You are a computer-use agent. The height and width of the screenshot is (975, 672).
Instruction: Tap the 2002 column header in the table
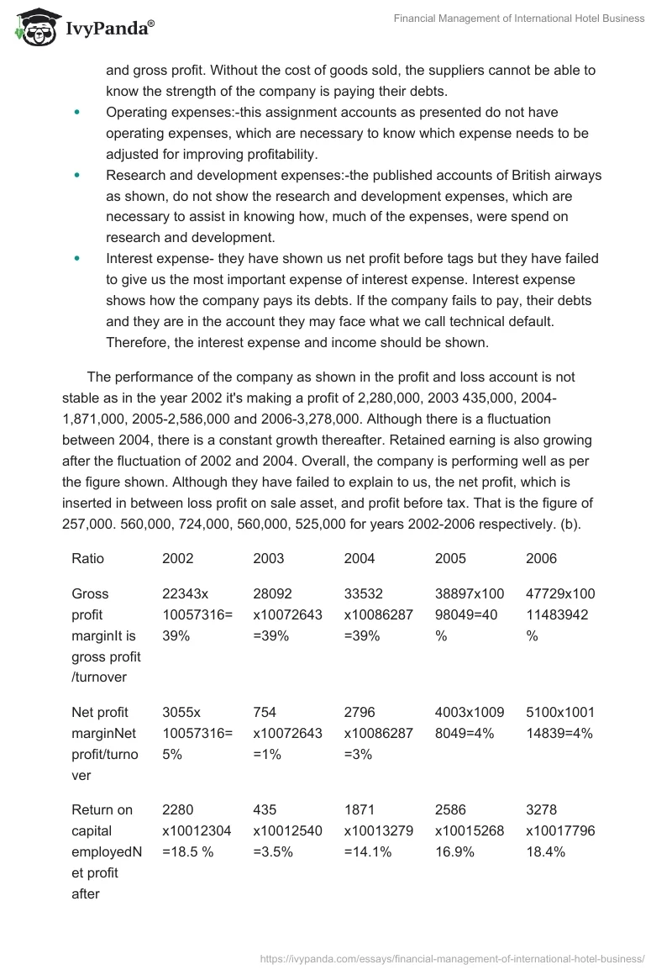point(177,558)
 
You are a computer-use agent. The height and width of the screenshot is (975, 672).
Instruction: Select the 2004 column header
point(360,558)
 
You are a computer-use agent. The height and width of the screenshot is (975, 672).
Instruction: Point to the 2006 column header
point(541,558)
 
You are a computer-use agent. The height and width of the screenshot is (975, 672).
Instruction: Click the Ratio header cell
point(88,558)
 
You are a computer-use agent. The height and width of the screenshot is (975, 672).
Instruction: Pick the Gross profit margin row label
point(106,635)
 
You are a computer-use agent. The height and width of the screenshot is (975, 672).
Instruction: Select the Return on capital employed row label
point(106,851)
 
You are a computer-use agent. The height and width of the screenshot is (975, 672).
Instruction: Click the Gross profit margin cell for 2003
point(287,615)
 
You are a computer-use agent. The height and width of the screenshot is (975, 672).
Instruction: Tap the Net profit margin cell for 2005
point(470,723)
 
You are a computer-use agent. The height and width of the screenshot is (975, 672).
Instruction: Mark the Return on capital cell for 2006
point(560,830)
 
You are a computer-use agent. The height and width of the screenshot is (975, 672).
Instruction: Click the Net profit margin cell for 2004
point(378,733)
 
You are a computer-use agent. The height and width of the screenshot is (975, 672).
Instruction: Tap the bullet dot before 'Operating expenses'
point(78,112)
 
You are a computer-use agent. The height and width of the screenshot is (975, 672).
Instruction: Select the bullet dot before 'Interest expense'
point(78,259)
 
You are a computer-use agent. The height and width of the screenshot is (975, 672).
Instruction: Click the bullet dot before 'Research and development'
point(78,176)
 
